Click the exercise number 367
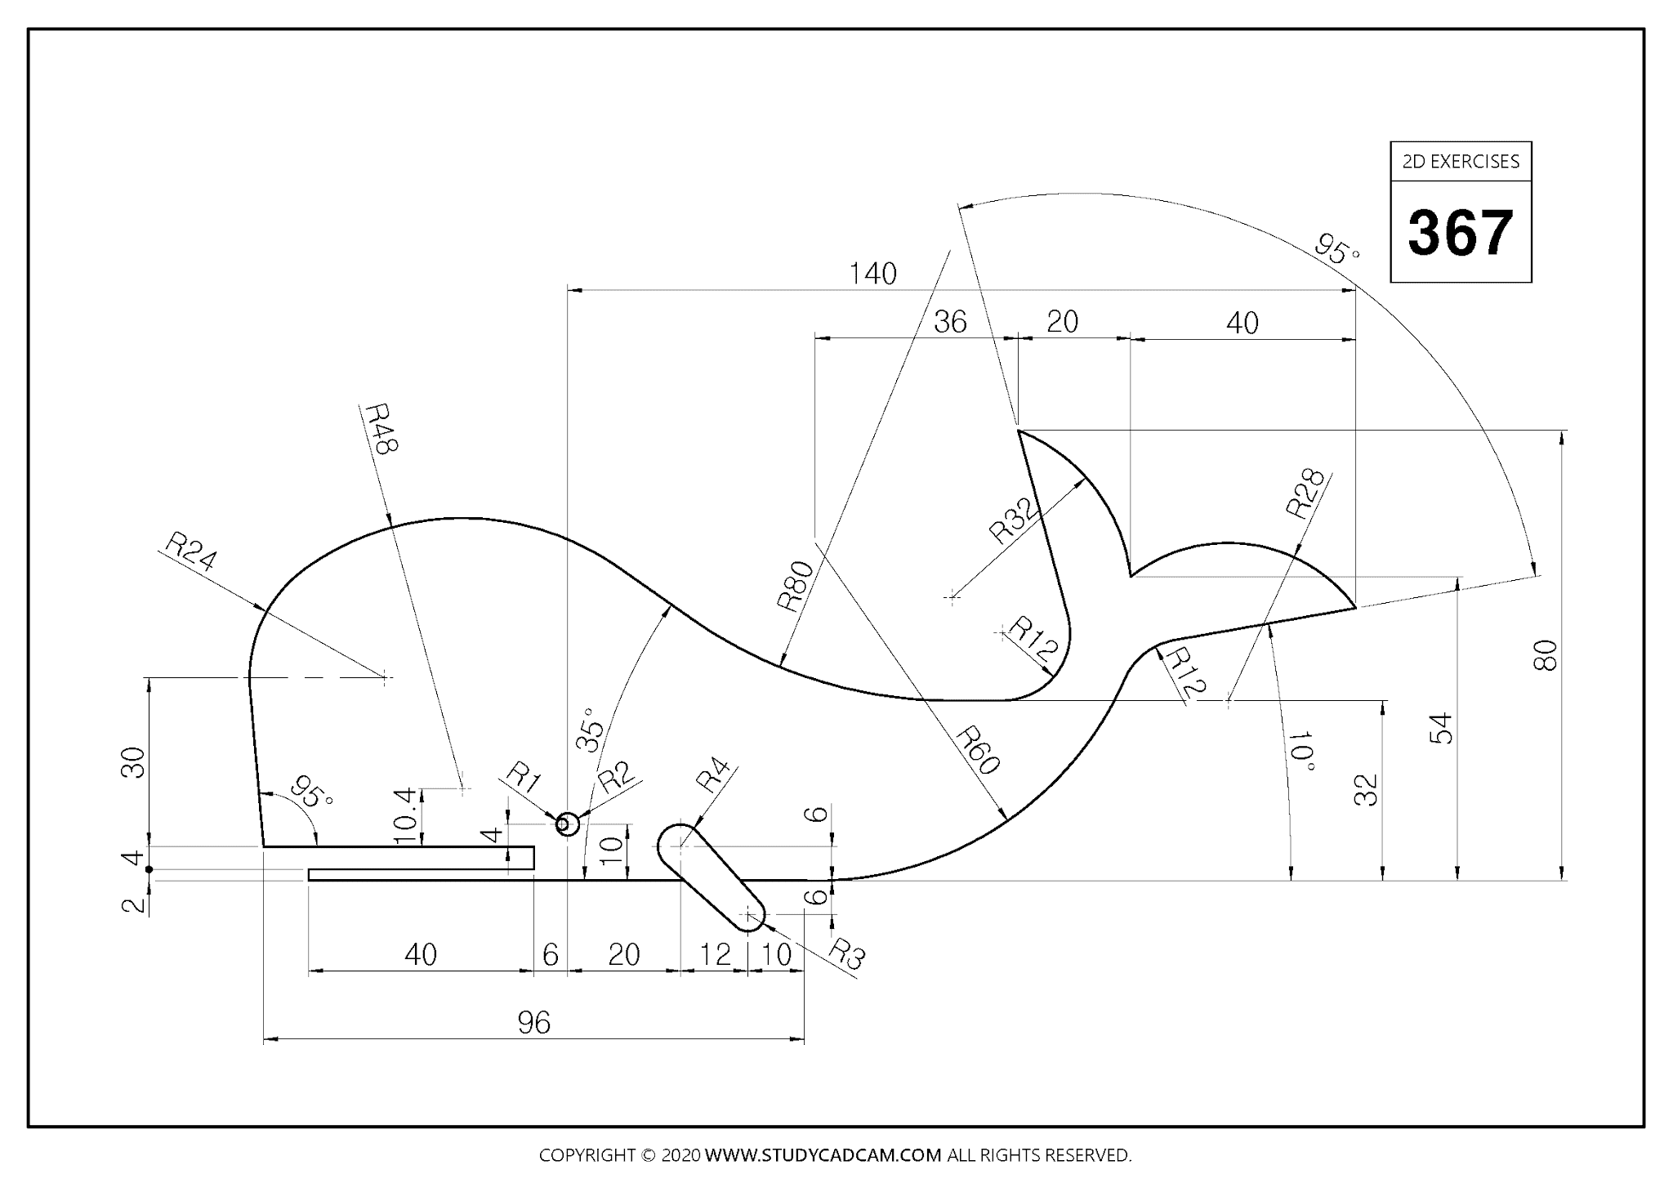click(x=1461, y=233)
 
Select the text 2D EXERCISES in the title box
click(x=1461, y=162)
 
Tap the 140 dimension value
click(x=872, y=274)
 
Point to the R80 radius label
click(x=795, y=587)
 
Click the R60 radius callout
click(x=978, y=750)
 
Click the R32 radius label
click(x=1014, y=521)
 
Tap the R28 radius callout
click(x=1305, y=493)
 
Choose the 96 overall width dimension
click(x=534, y=1022)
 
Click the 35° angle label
click(x=591, y=730)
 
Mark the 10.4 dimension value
click(x=406, y=816)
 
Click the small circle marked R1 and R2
click(x=567, y=824)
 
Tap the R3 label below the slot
click(x=846, y=953)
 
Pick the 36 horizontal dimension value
click(x=950, y=322)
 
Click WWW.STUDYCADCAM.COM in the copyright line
click(x=823, y=1155)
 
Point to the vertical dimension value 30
click(x=134, y=761)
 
